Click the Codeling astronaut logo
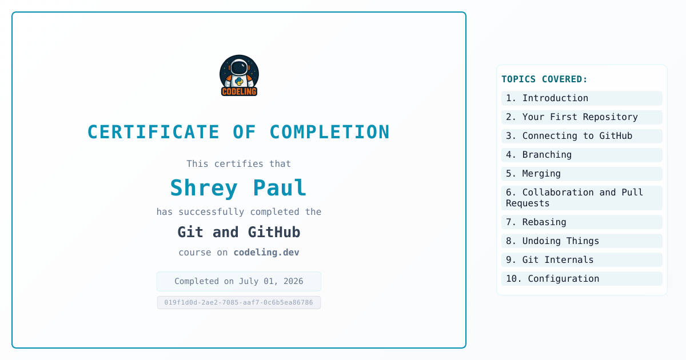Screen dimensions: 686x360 point(239,75)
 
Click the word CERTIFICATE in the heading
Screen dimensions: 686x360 point(153,132)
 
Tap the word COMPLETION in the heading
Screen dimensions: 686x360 point(329,132)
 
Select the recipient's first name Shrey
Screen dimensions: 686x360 point(204,188)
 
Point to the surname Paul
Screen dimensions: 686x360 point(280,187)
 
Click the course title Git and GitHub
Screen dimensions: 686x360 point(239,232)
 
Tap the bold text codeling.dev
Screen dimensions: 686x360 point(266,252)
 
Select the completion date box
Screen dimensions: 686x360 point(239,281)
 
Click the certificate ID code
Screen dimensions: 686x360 point(239,302)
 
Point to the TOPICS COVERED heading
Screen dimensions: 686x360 point(544,79)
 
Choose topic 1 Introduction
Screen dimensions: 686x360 point(582,98)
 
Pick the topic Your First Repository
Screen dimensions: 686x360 point(582,117)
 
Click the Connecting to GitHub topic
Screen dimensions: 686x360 point(582,136)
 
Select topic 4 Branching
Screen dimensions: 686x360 point(582,155)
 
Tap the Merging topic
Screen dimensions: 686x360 point(582,174)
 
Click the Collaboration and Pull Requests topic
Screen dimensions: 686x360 point(582,198)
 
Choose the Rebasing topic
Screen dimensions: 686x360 point(582,222)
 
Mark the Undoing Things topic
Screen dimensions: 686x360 point(582,241)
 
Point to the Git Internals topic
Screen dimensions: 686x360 point(582,260)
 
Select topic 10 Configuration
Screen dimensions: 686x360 point(582,279)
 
